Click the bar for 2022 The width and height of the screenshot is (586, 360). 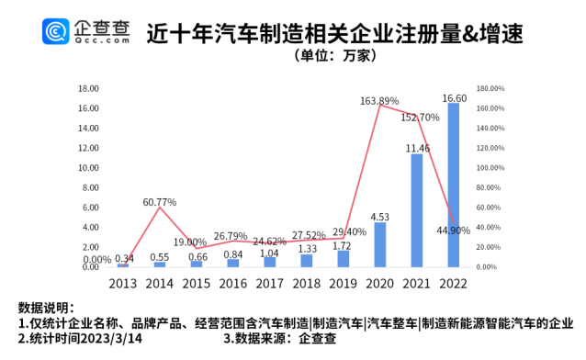pos(453,185)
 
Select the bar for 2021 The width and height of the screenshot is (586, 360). pos(416,210)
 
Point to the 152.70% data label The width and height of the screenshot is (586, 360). pos(416,118)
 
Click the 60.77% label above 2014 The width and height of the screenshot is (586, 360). pos(160,200)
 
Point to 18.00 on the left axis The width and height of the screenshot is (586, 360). pos(88,89)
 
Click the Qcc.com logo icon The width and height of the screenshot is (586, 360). pos(57,33)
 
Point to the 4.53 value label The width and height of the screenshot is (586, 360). pos(380,217)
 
